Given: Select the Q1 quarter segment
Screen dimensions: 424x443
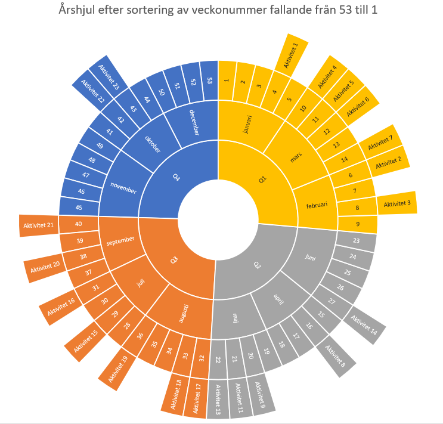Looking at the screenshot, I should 262,179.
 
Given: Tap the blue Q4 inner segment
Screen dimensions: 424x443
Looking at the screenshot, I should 176,177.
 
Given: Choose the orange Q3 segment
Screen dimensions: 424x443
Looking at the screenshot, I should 175,260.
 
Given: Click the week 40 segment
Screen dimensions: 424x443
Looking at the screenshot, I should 79,224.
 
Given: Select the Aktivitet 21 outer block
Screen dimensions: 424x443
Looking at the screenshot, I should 39,225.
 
